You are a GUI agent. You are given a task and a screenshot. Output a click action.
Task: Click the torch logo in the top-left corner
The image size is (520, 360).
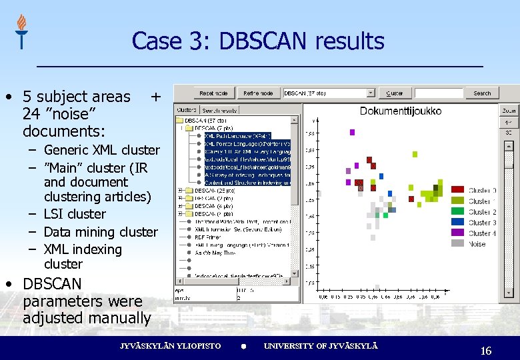pos(21,31)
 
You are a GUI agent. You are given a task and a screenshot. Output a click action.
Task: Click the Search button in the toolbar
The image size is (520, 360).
pos(482,93)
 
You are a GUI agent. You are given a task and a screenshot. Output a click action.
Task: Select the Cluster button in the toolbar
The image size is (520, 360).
pos(395,93)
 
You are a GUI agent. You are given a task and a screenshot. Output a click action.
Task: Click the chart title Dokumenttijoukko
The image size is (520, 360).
pos(400,111)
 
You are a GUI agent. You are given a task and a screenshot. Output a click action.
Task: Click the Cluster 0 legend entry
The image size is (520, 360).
pos(481,191)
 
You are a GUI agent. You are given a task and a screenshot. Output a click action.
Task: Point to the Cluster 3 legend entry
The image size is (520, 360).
pos(481,223)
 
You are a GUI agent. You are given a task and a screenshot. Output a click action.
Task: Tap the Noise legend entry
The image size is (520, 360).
pos(477,244)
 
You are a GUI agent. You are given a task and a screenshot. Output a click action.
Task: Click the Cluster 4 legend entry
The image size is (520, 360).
pos(481,233)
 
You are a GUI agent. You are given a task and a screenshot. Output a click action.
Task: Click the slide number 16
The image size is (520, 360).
pos(486,351)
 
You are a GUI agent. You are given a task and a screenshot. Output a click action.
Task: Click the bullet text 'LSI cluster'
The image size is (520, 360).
pos(75,214)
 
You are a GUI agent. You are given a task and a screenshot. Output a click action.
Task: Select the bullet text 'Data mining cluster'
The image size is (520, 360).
pos(101,232)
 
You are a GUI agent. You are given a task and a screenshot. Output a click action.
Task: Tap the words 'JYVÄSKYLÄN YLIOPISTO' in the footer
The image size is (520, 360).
pos(170,346)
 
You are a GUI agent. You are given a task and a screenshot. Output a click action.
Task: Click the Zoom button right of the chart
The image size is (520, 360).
pos(509,110)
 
